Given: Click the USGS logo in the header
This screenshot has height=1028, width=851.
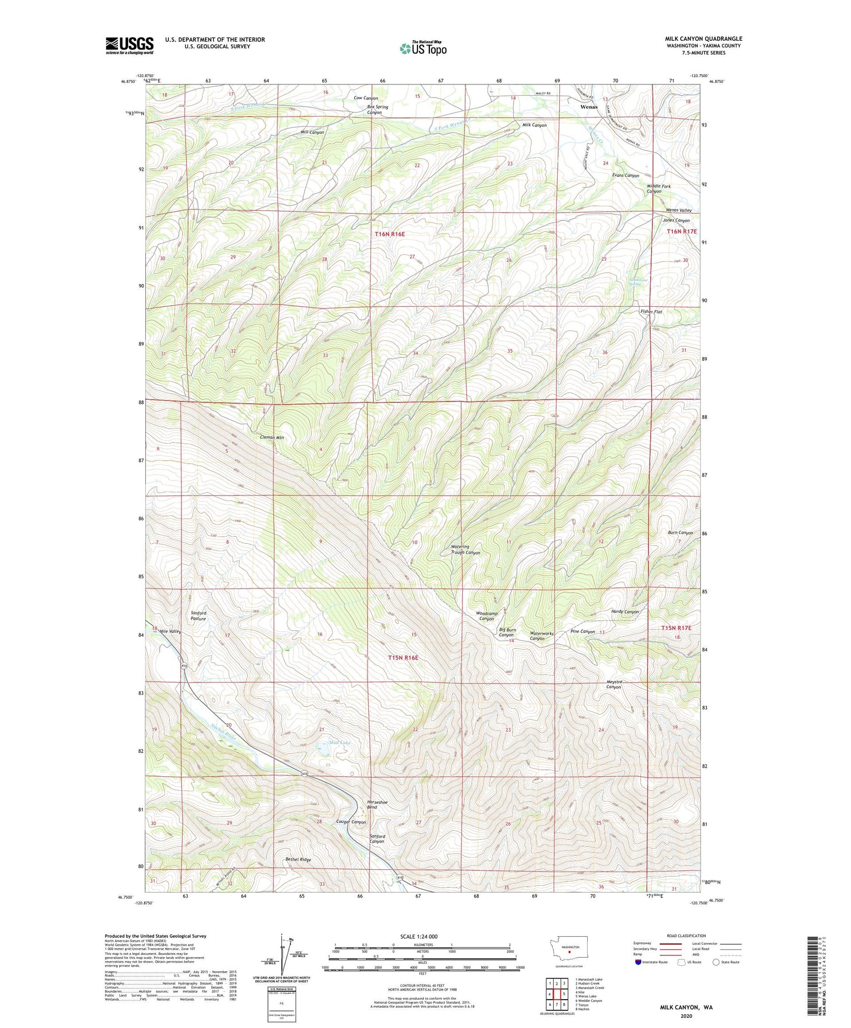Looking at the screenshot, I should pos(129,45).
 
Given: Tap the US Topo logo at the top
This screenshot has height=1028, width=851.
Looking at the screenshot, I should pos(423,49).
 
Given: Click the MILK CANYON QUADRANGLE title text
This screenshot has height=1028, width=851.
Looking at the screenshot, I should pos(703,39).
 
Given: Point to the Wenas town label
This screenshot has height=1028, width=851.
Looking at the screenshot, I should pos(588,107).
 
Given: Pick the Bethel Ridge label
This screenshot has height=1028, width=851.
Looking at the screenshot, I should pos(298,860).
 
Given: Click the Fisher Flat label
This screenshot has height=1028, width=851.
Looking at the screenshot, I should pos(651,312).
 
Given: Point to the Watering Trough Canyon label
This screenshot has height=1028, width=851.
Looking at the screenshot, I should pos(465,550).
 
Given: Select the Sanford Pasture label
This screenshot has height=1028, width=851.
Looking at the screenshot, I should pos(199,616).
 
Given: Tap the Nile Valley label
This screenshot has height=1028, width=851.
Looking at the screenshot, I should pos(170,632).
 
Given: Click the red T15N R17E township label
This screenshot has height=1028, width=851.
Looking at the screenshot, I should pos(677,628).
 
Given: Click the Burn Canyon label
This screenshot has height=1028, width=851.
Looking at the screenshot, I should pos(680,533).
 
